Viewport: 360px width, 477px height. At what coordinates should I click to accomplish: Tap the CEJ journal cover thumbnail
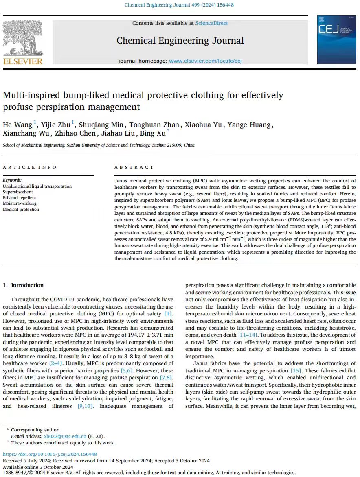[x=336, y=39]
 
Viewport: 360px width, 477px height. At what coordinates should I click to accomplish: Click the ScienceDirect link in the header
[x=211, y=23]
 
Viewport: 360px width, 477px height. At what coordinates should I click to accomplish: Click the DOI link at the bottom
[x=50, y=454]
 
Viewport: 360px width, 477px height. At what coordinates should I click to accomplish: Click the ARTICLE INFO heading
[x=30, y=167]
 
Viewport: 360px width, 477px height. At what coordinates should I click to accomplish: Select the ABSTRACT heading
[x=134, y=167]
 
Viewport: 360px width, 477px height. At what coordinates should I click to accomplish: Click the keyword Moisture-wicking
[x=20, y=203]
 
